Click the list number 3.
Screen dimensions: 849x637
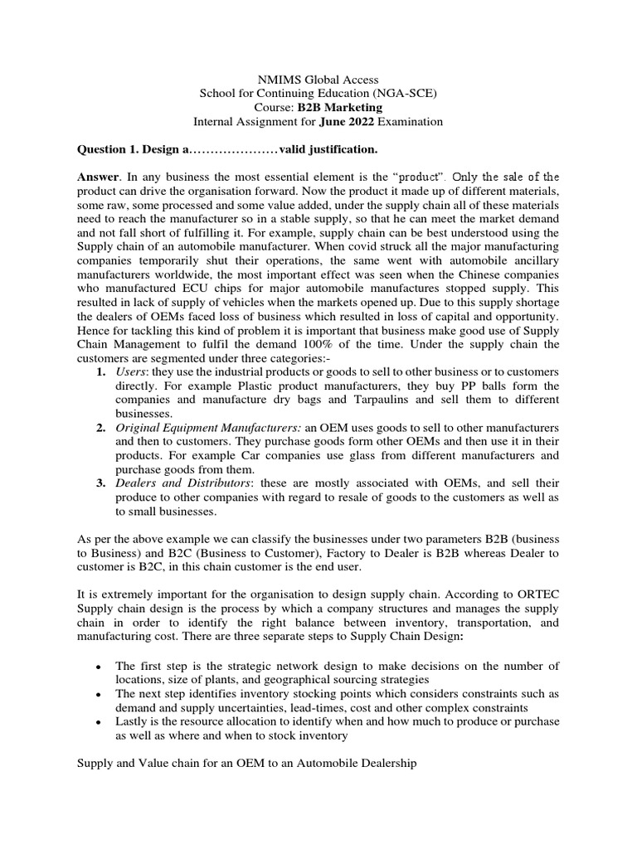coord(100,484)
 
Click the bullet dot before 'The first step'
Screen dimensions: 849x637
coord(100,643)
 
